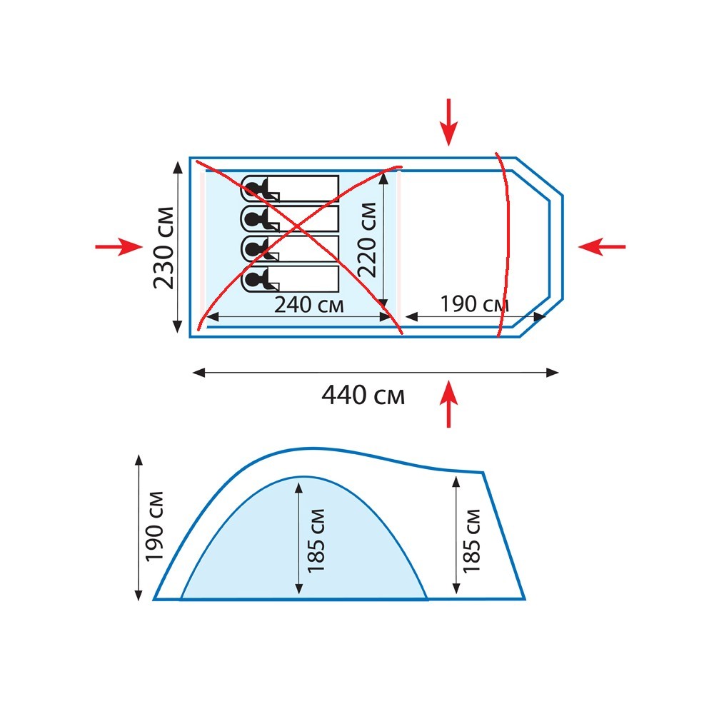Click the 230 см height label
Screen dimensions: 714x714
164,248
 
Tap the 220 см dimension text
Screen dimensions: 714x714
368,240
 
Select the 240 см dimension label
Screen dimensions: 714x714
308,305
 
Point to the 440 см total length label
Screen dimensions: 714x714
363,395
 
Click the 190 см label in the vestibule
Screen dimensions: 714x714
474,303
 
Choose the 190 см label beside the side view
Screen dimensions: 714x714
154,526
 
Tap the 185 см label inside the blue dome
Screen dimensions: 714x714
316,540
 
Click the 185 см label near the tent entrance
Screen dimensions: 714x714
472,541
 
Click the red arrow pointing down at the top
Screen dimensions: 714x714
448,122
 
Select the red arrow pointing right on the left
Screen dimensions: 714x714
119,247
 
